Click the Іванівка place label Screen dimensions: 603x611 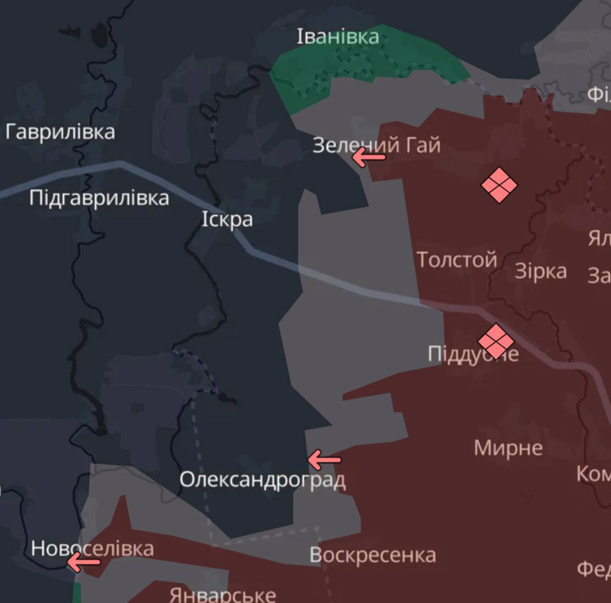[337, 37]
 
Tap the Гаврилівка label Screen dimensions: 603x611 [60, 132]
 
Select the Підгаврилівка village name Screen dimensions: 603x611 [99, 198]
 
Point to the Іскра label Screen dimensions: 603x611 [227, 219]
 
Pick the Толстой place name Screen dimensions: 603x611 [457, 260]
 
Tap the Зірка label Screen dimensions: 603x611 [541, 272]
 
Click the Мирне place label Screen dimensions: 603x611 [508, 448]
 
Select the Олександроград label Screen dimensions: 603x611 [262, 480]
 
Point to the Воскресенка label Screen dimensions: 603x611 [373, 555]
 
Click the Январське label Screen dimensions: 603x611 [223, 595]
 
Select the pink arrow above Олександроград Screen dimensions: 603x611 [324, 460]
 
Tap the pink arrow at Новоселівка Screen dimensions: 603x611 [83, 562]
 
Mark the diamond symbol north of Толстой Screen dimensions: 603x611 [499, 185]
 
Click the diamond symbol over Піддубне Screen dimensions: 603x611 [495, 341]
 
